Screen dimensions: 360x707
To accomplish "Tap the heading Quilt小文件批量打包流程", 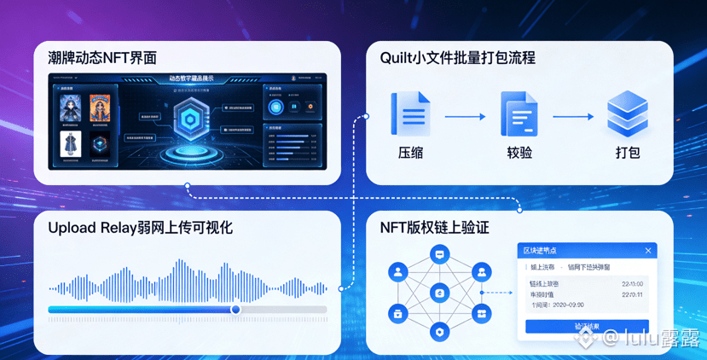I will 457,58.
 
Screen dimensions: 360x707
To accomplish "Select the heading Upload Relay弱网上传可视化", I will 140,228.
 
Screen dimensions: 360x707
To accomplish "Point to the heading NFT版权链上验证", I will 434,228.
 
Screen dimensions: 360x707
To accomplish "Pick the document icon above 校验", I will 519,114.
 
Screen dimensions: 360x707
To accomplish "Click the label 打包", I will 628,154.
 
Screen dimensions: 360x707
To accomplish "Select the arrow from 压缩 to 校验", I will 465,117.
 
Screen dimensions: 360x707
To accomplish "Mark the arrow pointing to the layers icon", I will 573,117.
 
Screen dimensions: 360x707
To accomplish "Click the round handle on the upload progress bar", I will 236,310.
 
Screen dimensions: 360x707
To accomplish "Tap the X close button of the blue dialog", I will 648,251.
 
